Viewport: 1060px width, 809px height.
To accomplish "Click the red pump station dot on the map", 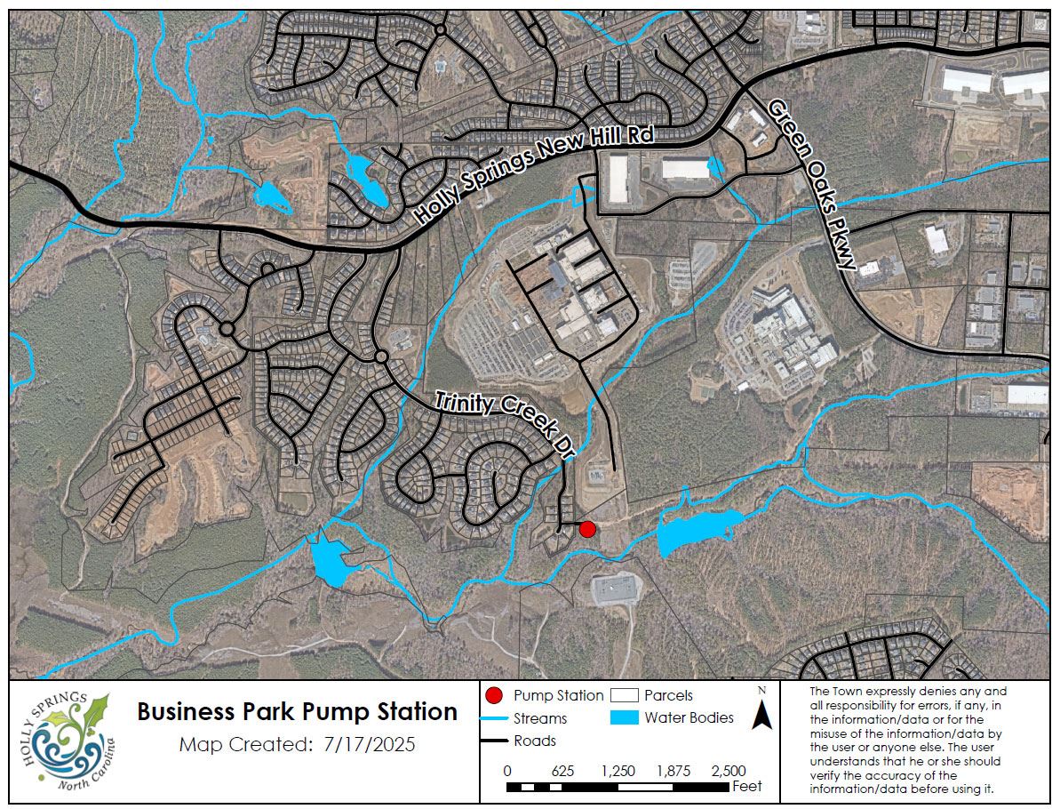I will tap(586, 530).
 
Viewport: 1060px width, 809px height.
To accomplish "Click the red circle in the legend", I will tap(496, 695).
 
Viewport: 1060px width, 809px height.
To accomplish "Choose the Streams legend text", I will tap(540, 718).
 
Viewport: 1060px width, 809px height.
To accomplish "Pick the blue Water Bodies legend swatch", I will tap(626, 717).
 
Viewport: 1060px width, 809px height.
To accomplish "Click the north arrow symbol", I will tap(761, 712).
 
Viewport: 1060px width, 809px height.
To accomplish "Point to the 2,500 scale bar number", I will tap(729, 771).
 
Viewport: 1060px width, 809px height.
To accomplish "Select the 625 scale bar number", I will tap(562, 771).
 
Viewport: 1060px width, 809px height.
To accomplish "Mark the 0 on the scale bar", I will tap(506, 771).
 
